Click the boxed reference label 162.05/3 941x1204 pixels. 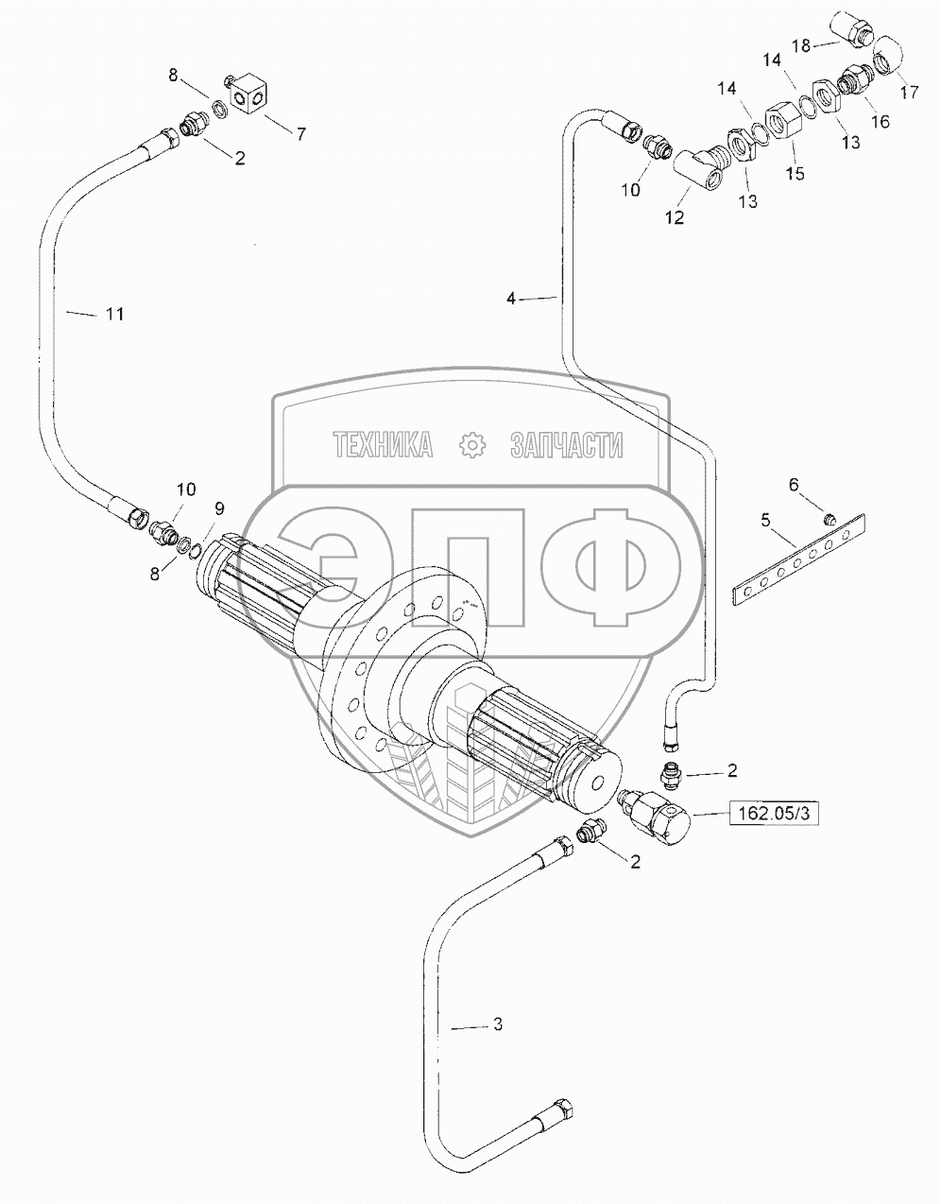click(x=773, y=814)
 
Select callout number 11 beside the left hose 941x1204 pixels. click(x=115, y=314)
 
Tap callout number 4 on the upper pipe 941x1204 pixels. click(x=511, y=299)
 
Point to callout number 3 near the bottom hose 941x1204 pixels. click(x=498, y=1024)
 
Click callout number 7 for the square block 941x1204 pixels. click(x=300, y=134)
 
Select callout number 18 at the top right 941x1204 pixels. click(x=801, y=45)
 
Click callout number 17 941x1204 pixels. click(x=910, y=92)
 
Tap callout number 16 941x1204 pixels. click(x=881, y=121)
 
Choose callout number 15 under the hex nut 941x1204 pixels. click(x=795, y=174)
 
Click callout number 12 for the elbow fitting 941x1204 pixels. click(x=675, y=217)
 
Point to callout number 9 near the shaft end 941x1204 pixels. click(x=219, y=508)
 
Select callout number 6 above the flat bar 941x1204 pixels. click(x=794, y=485)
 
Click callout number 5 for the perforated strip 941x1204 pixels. click(x=766, y=521)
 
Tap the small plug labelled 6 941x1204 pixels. click(x=830, y=519)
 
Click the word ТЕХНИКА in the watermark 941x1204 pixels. click(x=383, y=444)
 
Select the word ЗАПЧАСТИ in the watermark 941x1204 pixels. click(x=566, y=444)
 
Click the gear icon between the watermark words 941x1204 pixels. click(x=472, y=445)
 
